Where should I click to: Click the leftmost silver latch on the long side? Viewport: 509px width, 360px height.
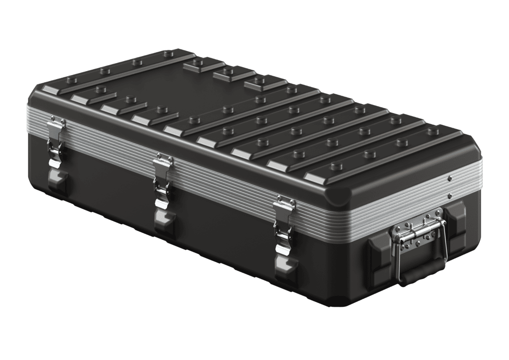[56, 141]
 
